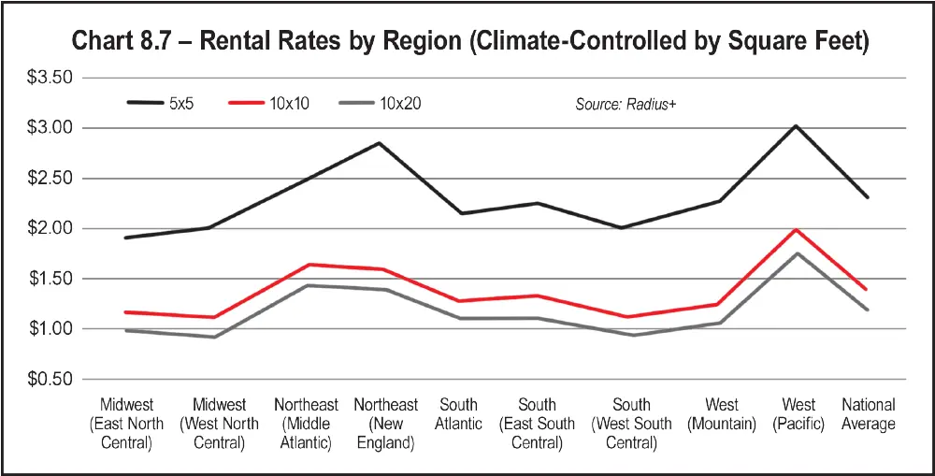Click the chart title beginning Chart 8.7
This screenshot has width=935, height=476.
467,42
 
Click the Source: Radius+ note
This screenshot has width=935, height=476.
625,104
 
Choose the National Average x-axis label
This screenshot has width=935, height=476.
868,414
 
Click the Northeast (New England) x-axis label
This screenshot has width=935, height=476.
385,424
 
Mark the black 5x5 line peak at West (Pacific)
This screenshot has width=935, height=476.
796,125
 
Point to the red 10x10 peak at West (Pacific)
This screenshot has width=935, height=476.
796,229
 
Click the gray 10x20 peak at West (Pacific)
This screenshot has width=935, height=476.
796,253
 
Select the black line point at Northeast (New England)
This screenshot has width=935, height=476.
379,143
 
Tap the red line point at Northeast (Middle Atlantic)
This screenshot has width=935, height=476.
308,265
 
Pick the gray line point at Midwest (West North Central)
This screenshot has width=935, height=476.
216,337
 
